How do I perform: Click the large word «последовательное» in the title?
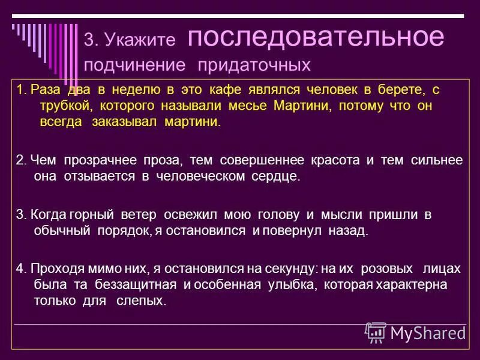coord(316,37)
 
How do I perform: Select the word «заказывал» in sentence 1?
coord(127,122)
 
